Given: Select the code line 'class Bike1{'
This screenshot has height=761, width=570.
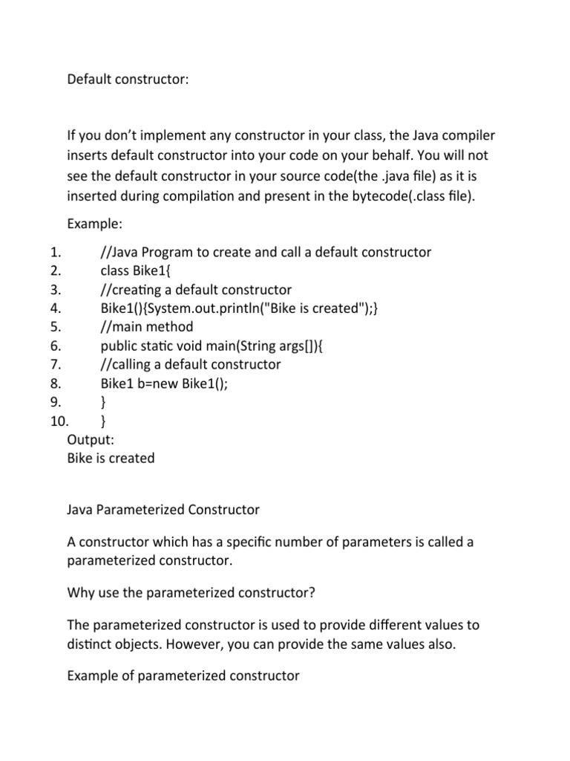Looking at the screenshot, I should [140, 271].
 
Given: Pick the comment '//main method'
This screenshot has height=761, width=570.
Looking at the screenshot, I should [146, 327].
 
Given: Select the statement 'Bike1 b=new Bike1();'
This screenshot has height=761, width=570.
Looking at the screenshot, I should [164, 383].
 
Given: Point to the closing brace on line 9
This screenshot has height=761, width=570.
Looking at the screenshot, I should [102, 402].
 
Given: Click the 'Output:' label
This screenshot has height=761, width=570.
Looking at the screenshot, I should [91, 440].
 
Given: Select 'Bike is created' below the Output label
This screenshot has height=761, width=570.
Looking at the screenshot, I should [111, 459].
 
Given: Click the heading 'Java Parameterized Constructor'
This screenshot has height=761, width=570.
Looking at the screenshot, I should [163, 510].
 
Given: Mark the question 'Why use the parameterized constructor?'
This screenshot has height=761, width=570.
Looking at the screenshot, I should [186, 593].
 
